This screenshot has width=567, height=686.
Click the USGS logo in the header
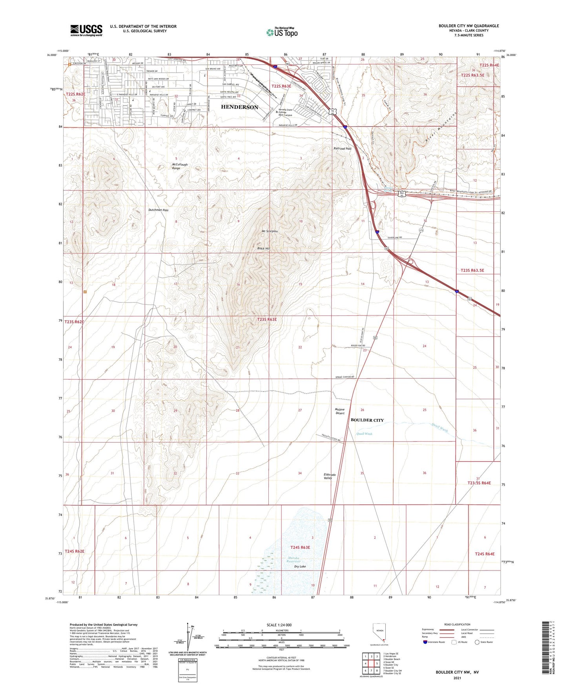86,30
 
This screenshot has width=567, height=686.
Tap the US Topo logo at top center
281,32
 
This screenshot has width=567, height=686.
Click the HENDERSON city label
239,107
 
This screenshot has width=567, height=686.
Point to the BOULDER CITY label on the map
367,420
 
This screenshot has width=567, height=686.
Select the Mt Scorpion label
270,231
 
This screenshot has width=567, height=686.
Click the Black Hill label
263,249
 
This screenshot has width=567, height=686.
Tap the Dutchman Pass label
159,210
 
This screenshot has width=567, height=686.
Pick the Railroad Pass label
342,149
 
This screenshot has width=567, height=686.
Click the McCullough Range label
180,166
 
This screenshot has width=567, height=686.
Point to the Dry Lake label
300,566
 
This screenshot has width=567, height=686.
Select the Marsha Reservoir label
293,559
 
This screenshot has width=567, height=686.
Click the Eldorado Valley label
328,476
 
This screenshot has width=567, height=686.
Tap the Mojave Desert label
340,411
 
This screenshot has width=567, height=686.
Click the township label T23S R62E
75,322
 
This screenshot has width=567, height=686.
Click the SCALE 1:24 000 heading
279,625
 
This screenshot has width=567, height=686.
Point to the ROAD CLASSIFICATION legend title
457,624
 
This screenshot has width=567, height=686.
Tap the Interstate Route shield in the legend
425,642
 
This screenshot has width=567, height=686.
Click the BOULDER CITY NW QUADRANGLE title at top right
469,26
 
